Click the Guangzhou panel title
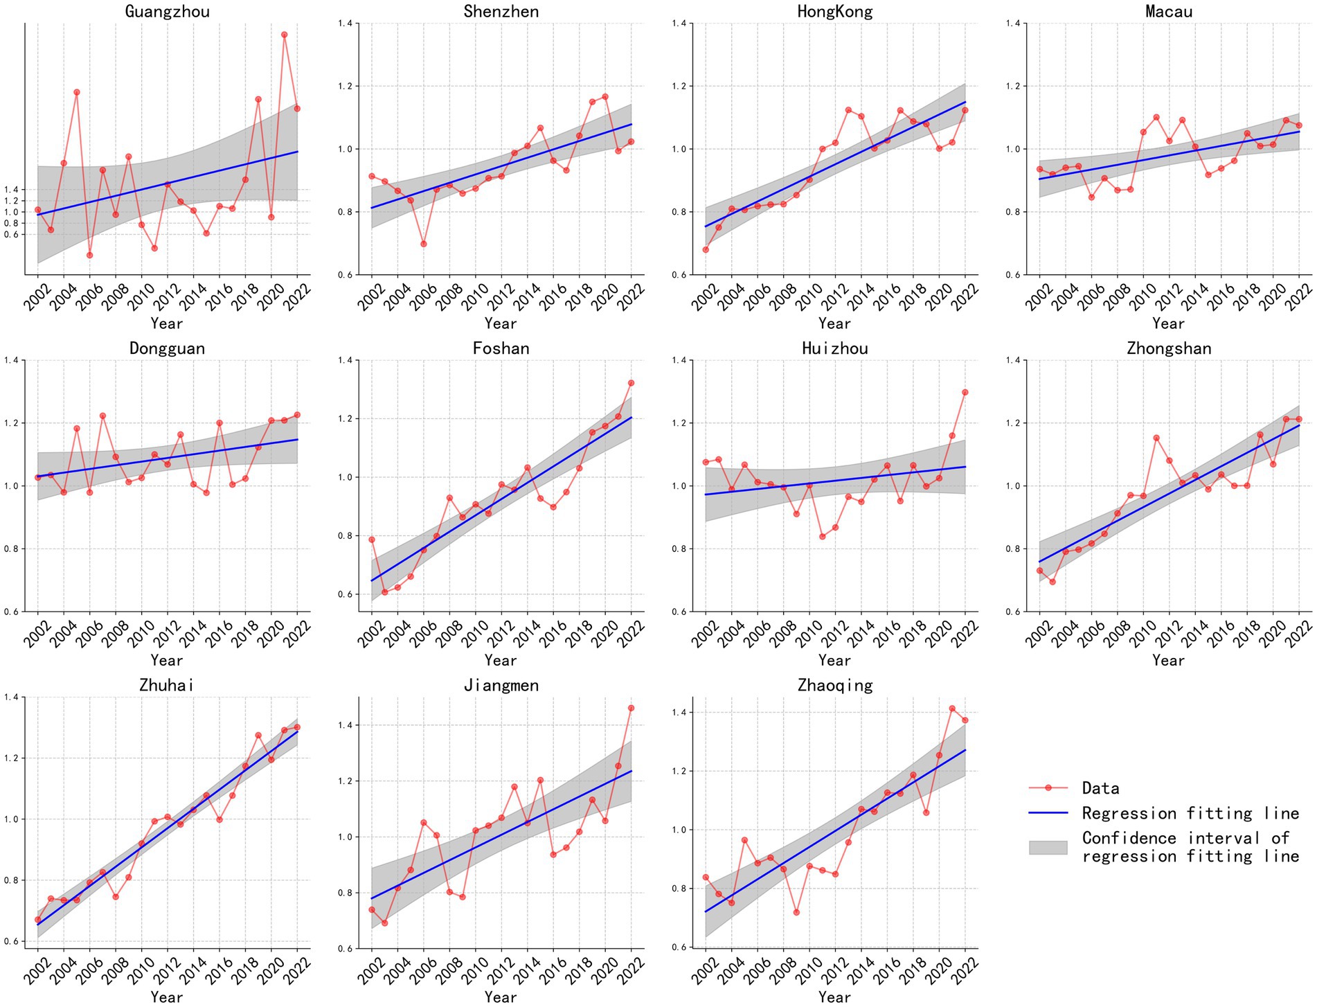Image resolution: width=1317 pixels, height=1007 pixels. click(x=167, y=11)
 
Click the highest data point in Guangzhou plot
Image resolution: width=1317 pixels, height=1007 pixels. click(x=285, y=35)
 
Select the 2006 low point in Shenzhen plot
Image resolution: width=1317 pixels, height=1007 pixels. click(x=424, y=244)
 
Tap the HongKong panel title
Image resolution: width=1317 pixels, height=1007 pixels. click(x=834, y=11)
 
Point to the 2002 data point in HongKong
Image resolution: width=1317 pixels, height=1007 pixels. click(x=706, y=249)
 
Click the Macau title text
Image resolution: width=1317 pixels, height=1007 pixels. click(x=1168, y=11)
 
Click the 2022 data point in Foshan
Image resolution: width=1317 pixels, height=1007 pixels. click(x=631, y=383)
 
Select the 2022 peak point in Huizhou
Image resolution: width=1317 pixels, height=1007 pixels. click(x=965, y=392)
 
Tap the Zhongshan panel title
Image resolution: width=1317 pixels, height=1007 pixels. click(x=1168, y=348)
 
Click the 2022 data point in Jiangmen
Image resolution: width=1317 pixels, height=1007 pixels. click(x=631, y=708)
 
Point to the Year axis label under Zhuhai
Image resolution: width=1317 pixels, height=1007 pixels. click(x=167, y=997)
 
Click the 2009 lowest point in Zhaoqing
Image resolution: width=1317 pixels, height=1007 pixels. click(x=796, y=912)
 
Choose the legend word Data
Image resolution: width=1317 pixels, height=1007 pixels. click(x=1100, y=788)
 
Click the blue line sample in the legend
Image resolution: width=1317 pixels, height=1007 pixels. click(x=1048, y=813)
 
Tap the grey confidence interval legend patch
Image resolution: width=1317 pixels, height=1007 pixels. click(x=1048, y=848)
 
